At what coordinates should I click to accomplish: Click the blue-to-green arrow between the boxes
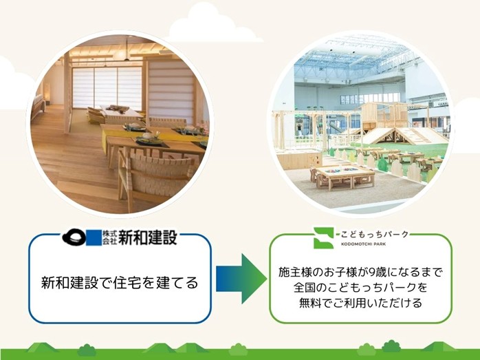240,278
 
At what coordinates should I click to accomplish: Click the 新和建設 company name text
148,238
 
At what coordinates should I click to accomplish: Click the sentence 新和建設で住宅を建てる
119,282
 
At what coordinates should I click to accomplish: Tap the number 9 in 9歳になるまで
379,271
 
